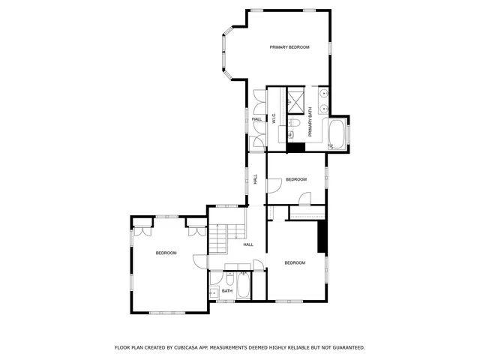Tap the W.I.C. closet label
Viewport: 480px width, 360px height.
(x=274, y=118)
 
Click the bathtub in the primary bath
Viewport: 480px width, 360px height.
(x=336, y=135)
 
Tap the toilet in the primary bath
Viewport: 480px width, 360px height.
(x=296, y=124)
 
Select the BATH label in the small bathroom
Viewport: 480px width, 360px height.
(x=226, y=291)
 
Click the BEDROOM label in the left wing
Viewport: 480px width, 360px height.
(x=166, y=253)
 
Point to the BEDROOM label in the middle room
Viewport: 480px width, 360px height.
(x=295, y=179)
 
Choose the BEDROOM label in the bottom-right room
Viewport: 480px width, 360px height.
(x=295, y=262)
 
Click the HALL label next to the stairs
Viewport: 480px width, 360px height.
(x=247, y=244)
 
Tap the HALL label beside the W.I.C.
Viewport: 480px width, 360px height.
(x=257, y=119)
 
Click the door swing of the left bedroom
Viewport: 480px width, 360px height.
(x=200, y=261)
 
